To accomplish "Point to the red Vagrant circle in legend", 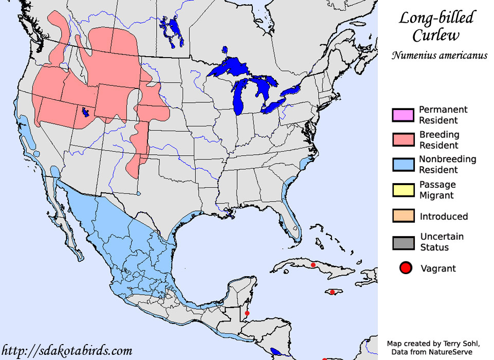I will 406,268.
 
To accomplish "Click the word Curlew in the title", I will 436,35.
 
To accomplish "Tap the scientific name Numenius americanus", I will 439,56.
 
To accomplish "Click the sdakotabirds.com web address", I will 67,351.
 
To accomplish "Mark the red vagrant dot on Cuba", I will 313,265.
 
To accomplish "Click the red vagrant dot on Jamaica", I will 332,292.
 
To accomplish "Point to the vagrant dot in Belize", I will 247,313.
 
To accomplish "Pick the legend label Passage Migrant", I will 437,190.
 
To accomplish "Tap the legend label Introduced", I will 444,217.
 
